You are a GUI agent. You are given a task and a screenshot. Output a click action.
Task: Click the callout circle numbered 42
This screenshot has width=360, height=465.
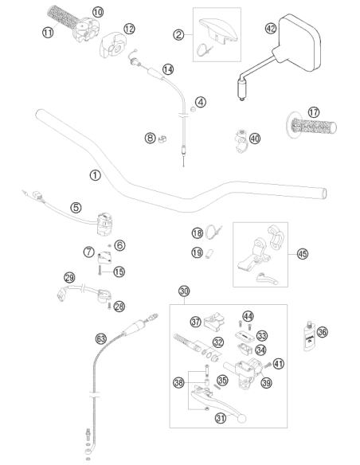point(271,29)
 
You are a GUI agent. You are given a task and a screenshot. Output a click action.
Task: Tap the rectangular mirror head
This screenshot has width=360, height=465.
point(299,43)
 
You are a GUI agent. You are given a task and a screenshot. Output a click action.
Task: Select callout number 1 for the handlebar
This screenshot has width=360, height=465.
point(96,175)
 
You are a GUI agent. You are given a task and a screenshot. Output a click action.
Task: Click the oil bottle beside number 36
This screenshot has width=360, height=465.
point(310,337)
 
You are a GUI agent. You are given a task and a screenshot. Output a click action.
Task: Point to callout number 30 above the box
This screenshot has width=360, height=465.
point(184,291)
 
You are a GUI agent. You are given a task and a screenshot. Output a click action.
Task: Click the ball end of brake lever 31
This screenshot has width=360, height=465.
point(242,419)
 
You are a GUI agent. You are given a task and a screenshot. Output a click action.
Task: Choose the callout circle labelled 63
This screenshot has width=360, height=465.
point(101,338)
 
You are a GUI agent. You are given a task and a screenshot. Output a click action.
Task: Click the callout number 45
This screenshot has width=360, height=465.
point(303,254)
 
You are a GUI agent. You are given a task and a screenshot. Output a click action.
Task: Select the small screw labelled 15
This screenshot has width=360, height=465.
point(100,270)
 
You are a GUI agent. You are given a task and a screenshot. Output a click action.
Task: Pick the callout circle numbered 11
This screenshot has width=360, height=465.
point(48,31)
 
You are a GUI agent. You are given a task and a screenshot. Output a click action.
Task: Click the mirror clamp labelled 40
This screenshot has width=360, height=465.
point(241,141)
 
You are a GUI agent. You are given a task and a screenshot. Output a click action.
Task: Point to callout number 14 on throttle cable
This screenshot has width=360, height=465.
point(168,69)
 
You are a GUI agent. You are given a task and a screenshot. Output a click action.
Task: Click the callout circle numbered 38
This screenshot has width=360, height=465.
point(179,382)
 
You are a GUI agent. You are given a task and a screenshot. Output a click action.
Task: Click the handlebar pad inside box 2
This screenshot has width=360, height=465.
point(218,30)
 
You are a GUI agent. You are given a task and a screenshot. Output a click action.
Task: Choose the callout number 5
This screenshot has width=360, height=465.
point(76,207)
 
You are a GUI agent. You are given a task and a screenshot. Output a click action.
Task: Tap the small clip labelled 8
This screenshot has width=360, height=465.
point(162,139)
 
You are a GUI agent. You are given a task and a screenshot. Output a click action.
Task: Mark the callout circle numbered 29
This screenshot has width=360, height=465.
point(69,278)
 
